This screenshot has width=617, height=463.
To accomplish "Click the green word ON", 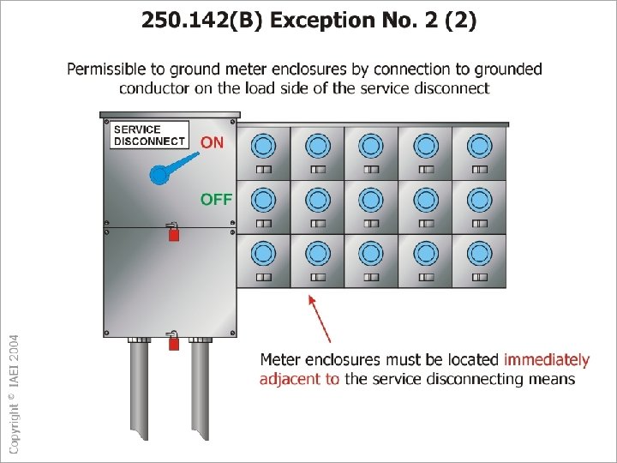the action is [x=212, y=143].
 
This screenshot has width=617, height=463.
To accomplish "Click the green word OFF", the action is [x=216, y=199].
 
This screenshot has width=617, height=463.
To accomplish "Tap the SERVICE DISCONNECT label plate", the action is [x=149, y=135].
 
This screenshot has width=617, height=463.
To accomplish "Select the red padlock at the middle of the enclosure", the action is [x=174, y=232].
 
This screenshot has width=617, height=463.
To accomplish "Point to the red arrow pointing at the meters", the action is [x=319, y=316].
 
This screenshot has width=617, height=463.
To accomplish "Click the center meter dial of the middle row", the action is [x=371, y=198].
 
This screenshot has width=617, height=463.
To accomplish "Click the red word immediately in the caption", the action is [x=547, y=361].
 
